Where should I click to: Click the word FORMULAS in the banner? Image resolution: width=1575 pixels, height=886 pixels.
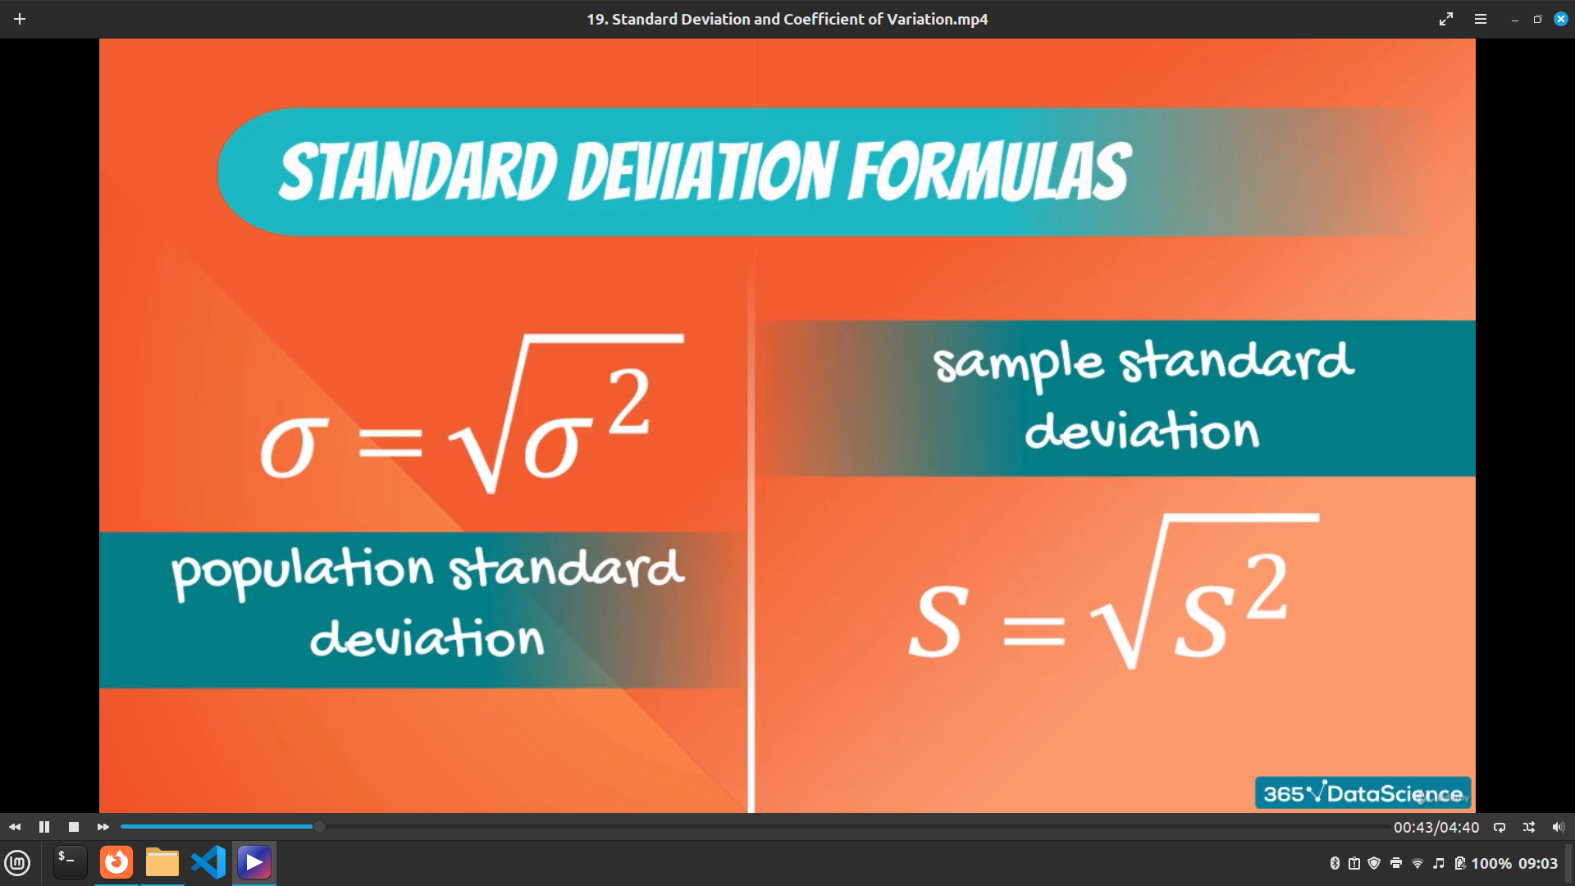(x=990, y=171)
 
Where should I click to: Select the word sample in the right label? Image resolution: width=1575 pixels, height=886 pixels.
(x=1018, y=364)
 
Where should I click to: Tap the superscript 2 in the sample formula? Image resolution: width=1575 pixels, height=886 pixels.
(x=1267, y=586)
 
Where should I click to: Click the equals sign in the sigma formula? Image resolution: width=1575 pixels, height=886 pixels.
(x=390, y=445)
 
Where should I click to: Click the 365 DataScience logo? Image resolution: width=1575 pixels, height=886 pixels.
(x=1363, y=793)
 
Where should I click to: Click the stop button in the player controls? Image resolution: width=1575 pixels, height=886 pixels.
(x=74, y=827)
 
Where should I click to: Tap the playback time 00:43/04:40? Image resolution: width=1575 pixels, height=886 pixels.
(x=1436, y=827)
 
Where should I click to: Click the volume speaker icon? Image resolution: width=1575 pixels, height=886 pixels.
(x=1559, y=827)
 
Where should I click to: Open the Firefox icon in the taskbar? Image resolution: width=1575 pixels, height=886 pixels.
(x=116, y=862)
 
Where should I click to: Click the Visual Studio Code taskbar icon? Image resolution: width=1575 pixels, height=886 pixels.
(x=208, y=862)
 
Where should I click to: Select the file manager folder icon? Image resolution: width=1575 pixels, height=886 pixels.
(x=162, y=862)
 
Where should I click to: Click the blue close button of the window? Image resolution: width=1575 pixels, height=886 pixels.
(x=1561, y=19)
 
